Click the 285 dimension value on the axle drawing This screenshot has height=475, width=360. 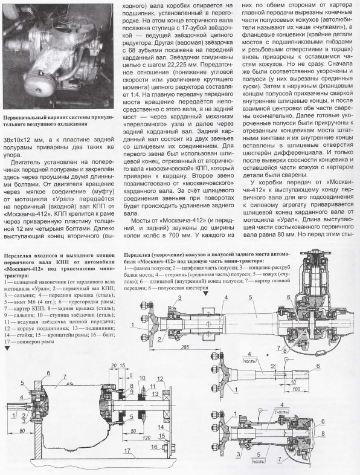point(183,347)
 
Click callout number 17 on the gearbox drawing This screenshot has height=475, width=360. point(127,450)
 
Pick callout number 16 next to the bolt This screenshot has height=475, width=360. point(154,447)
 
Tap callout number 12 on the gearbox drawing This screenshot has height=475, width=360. point(161,378)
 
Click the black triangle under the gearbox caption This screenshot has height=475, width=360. point(7,348)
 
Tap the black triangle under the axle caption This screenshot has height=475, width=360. point(205,294)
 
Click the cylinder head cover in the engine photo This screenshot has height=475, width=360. point(39,86)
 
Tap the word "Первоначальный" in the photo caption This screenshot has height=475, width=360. point(22,118)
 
